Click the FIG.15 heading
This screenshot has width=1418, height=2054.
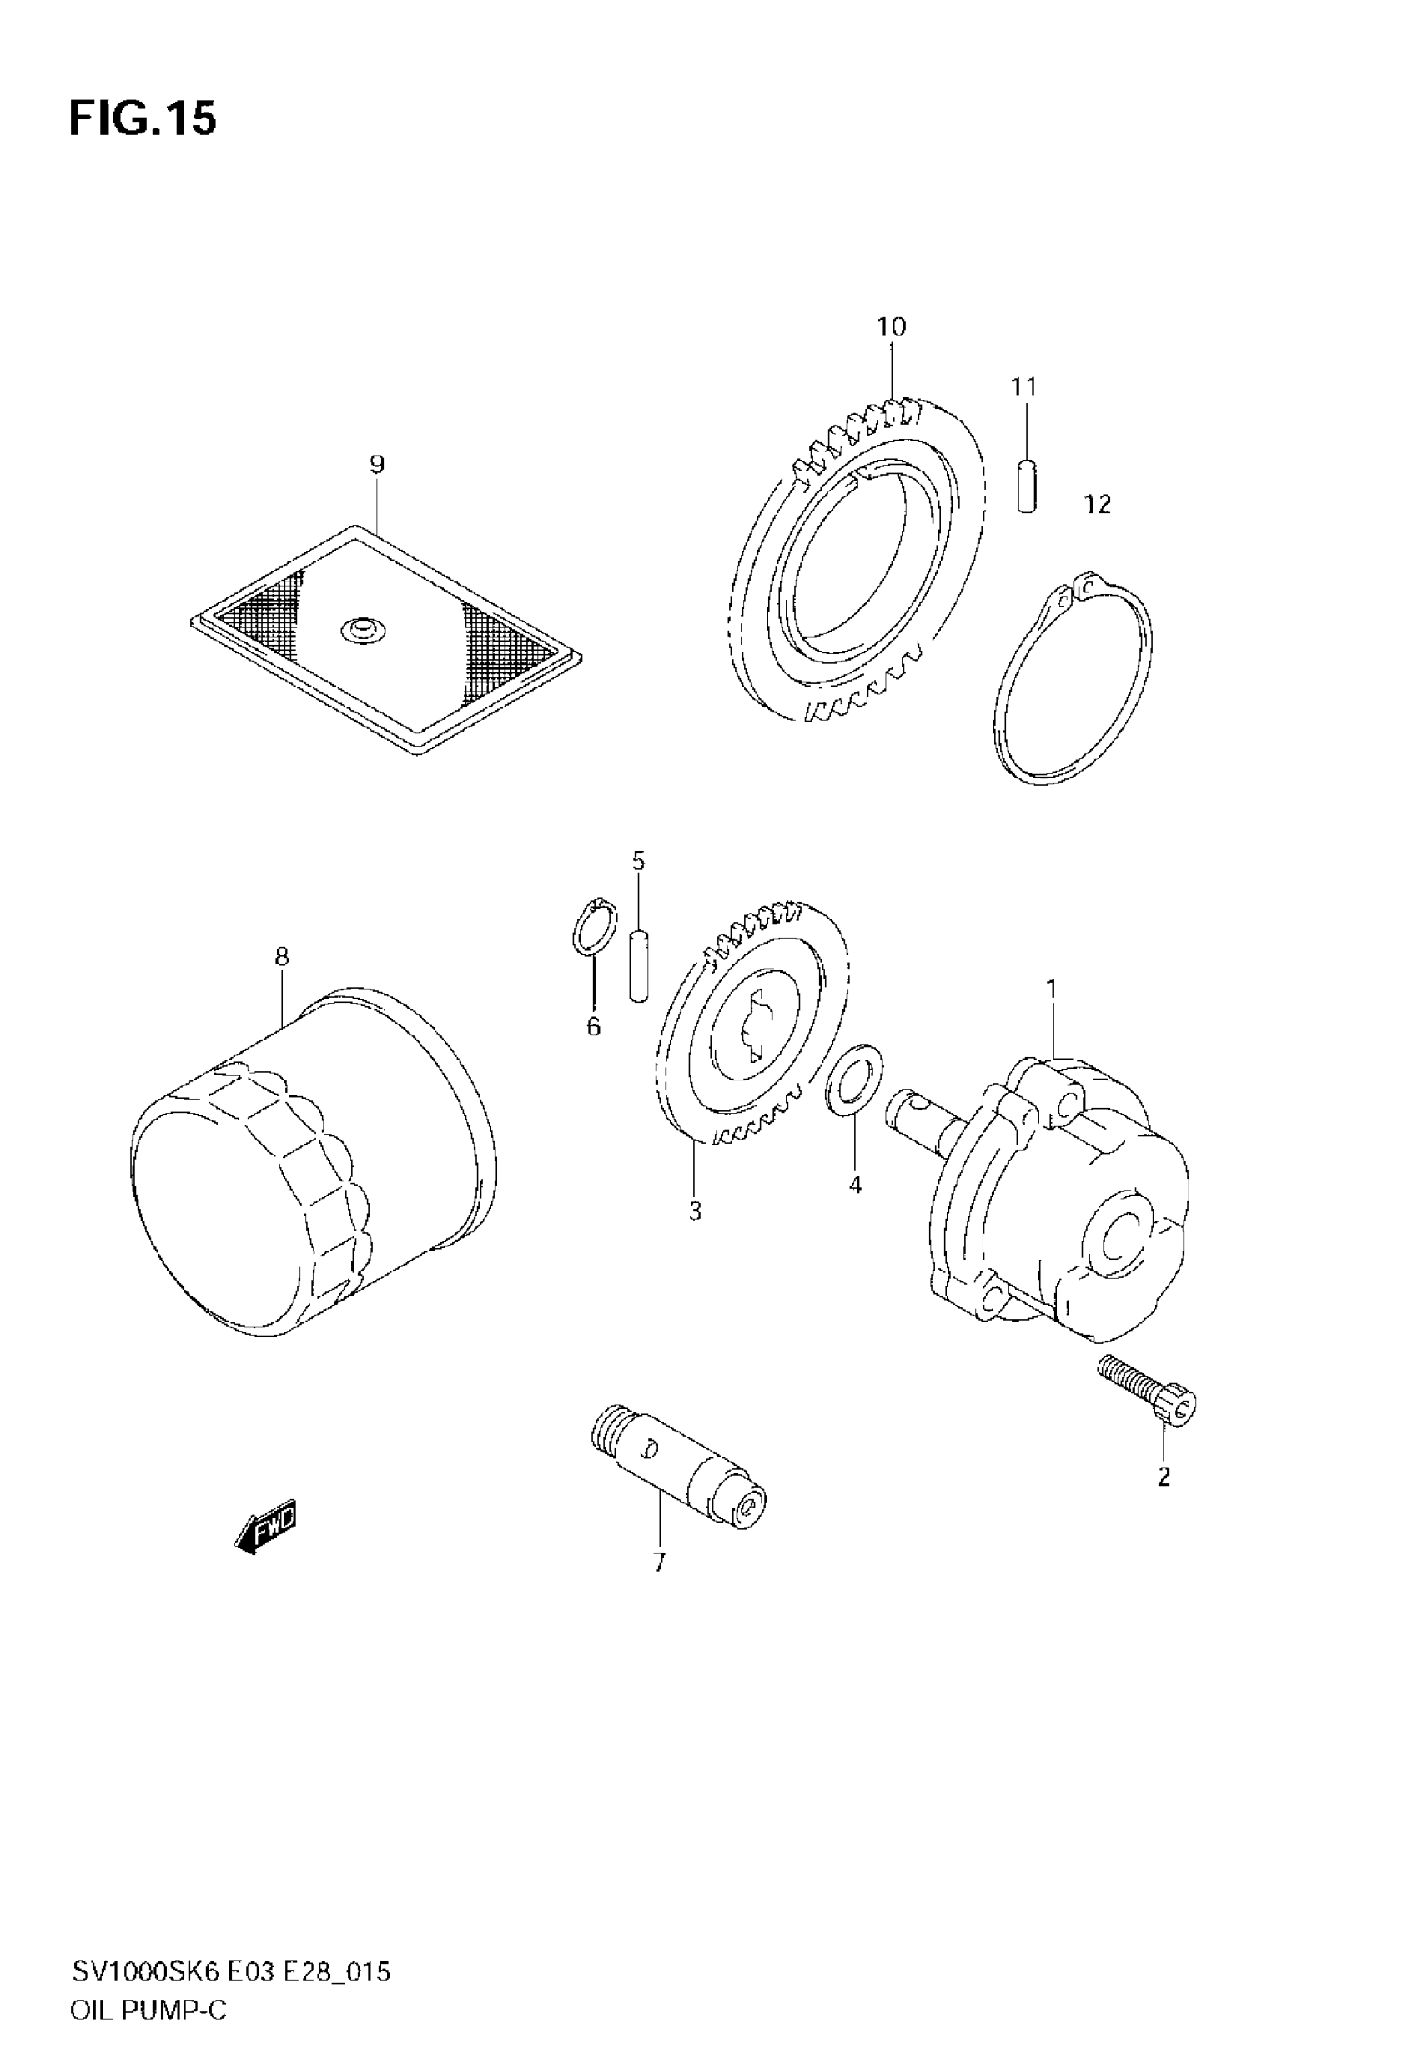pos(143,119)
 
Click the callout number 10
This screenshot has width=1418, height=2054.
pos(891,327)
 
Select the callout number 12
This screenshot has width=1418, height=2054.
pos(1097,505)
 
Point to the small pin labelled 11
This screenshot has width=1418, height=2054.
pos(1026,484)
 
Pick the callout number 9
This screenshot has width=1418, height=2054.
pos(377,464)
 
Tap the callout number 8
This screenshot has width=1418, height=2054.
pos(282,957)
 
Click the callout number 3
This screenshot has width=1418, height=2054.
pos(695,1210)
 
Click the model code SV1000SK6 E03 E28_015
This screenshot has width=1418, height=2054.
pos(231,1947)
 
